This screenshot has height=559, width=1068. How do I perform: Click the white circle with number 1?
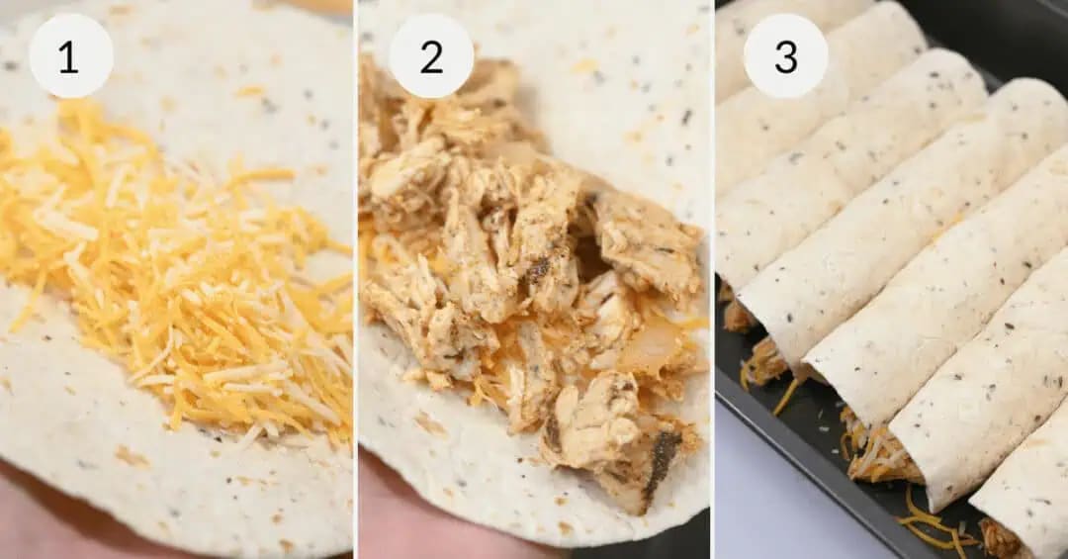(70, 55)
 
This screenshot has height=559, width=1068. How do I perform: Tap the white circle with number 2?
(430, 55)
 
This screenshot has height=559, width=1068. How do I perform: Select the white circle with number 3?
(785, 55)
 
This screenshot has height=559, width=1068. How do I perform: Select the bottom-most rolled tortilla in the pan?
(1023, 495)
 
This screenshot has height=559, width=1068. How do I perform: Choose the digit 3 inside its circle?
(785, 56)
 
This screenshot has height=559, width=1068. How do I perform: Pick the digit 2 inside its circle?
(431, 56)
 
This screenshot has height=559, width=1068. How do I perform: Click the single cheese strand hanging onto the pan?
(788, 396)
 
